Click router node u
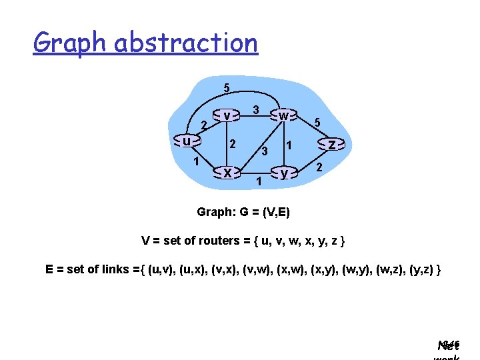188,141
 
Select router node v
227,116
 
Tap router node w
284,116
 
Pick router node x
227,173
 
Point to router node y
284,173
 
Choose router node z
332,144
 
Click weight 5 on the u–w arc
227,88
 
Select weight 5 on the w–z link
318,123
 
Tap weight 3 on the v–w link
256,109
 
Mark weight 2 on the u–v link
204,124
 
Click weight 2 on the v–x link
232,144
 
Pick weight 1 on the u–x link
196,162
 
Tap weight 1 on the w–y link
289,145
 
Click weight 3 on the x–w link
265,151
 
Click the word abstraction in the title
186,43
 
